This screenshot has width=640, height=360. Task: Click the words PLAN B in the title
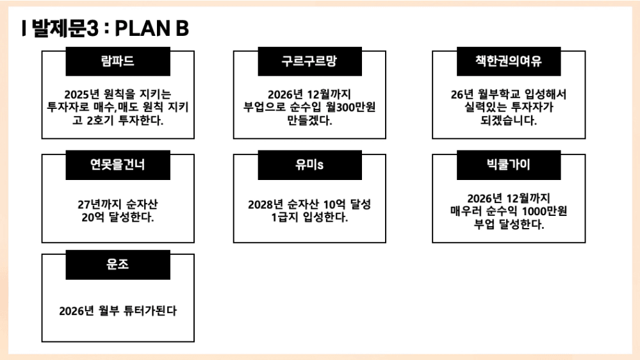pos(152,28)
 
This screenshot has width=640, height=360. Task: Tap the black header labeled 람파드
pos(118,61)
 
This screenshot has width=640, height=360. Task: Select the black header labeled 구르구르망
pos(310,61)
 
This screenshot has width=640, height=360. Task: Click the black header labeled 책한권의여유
pos(509,61)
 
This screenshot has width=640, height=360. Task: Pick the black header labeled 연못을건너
pos(118,165)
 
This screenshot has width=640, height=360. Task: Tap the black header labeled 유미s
pos(310,165)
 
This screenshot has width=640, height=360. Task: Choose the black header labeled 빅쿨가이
pos(509,165)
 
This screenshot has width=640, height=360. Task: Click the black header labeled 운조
pos(118,265)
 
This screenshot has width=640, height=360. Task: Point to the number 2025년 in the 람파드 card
pos(81,94)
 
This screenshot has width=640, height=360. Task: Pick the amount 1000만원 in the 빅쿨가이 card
pos(545,211)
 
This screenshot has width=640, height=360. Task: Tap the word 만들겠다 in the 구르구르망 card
pos(309,120)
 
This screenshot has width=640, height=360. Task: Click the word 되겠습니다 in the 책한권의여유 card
pos(509,120)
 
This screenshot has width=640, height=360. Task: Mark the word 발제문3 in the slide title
pos(65,28)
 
